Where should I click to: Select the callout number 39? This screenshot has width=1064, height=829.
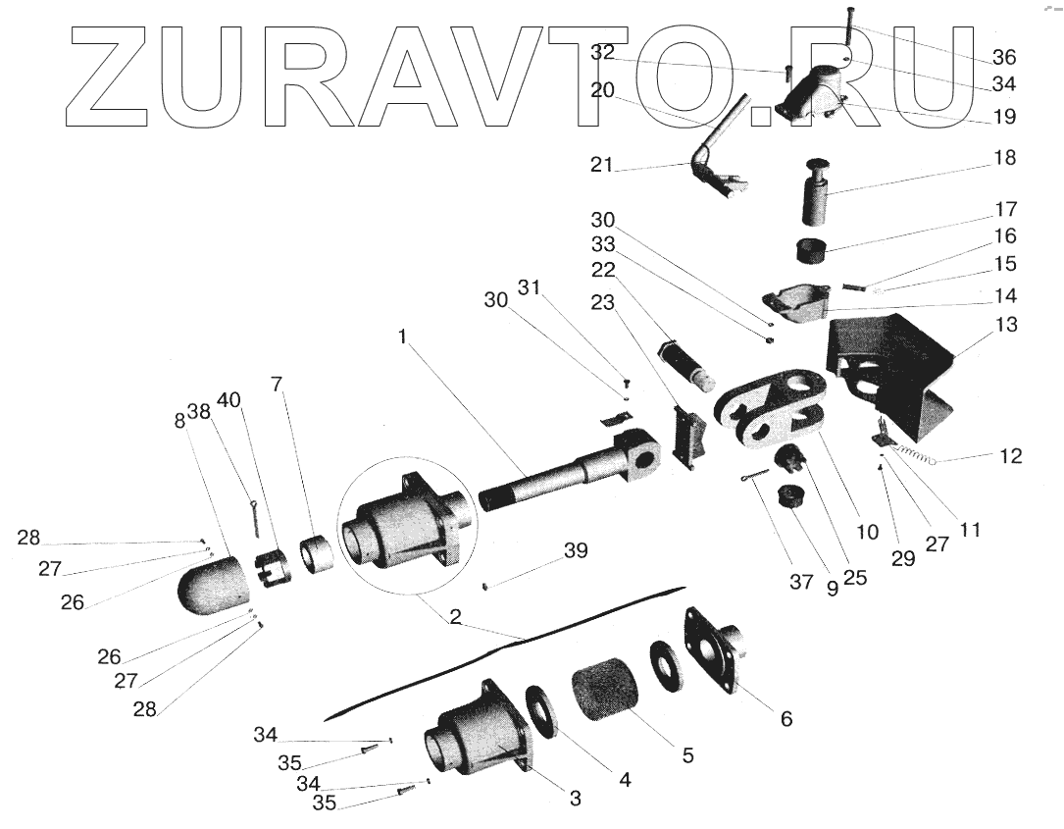tap(576, 550)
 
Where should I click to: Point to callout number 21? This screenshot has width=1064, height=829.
tap(601, 165)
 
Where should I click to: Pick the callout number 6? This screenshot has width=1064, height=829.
tap(785, 718)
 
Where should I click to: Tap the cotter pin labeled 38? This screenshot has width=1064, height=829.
tap(254, 517)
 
